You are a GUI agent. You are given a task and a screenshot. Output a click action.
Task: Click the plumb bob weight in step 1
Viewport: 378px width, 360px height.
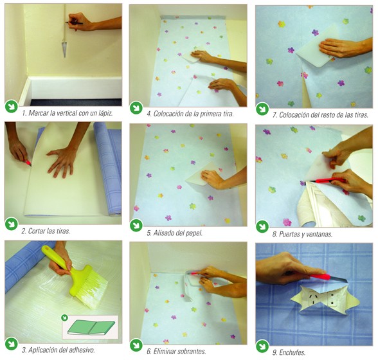tap(64, 50)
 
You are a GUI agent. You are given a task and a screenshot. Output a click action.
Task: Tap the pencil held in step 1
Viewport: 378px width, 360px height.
tap(74, 23)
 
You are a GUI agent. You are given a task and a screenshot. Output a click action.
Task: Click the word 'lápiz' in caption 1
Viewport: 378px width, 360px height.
tap(106, 113)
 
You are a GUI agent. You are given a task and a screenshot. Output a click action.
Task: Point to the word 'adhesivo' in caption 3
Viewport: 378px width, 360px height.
tap(82, 350)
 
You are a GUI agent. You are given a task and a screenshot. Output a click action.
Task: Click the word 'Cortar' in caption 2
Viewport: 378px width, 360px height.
tap(37, 231)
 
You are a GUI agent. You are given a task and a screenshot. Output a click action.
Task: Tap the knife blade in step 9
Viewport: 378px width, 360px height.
tap(338, 279)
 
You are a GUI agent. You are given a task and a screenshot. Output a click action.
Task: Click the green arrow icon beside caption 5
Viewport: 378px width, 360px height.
tap(136, 225)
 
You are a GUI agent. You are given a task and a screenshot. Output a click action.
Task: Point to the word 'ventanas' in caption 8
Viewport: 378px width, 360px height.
tap(319, 234)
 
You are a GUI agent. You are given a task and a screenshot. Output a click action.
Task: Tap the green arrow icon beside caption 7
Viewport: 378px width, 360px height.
tap(262, 109)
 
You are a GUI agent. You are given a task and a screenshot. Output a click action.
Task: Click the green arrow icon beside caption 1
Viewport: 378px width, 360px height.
tap(11, 107)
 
